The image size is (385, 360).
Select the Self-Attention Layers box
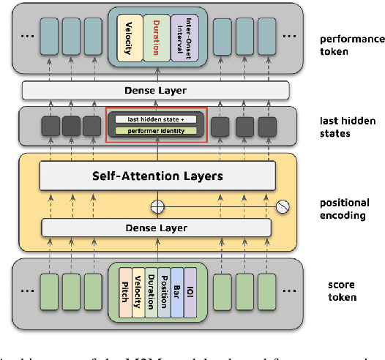[157, 176]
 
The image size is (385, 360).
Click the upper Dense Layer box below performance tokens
[155, 91]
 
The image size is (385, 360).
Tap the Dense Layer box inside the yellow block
[157, 228]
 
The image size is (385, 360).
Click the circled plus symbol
[155, 207]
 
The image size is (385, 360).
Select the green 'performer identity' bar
[157, 130]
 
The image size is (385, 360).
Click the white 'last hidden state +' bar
[157, 119]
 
